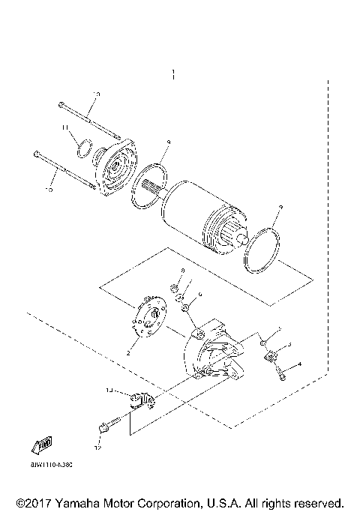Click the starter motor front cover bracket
(x=115, y=166)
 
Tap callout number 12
(x=97, y=448)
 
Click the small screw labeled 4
(x=283, y=373)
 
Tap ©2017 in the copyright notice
(x=31, y=502)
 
